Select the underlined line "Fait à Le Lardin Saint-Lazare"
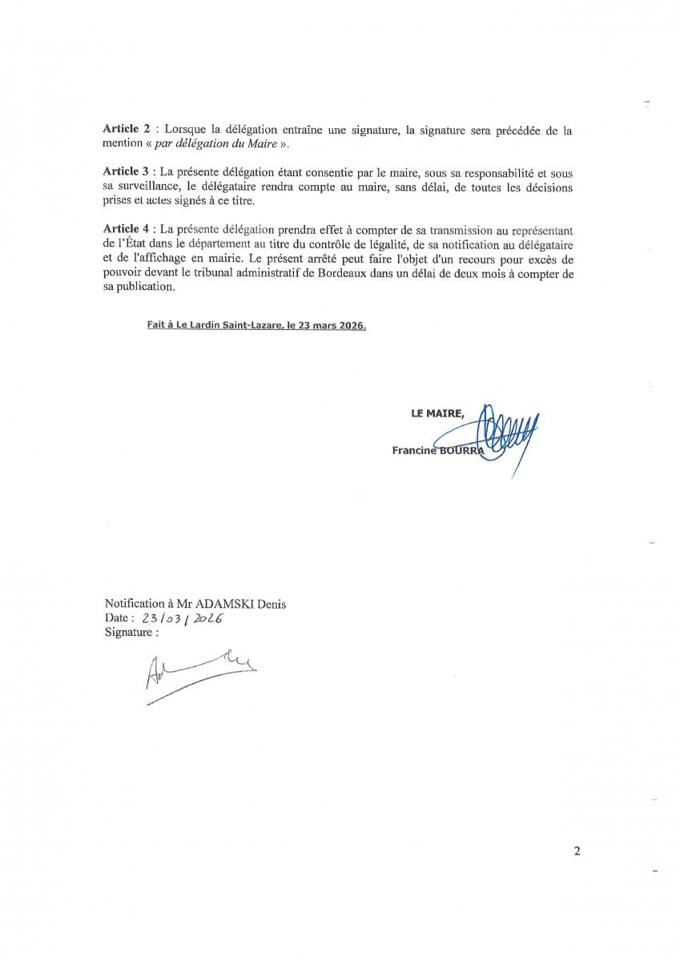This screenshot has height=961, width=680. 256,327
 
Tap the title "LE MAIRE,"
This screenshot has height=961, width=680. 437,413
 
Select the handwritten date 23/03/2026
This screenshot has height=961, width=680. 181,619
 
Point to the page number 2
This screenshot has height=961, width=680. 577,851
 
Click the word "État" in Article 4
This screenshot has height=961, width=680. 135,245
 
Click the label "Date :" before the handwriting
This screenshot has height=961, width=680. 119,619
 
